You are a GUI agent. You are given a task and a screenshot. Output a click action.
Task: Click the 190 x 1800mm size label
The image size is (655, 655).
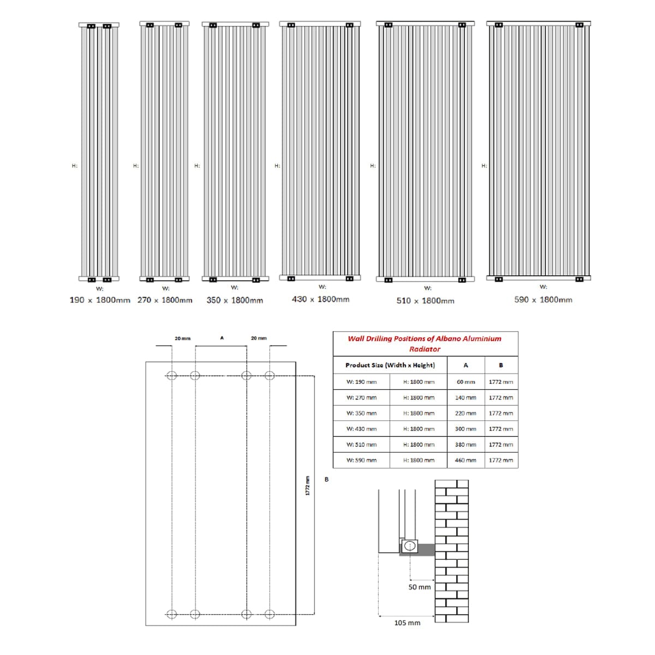coord(100,300)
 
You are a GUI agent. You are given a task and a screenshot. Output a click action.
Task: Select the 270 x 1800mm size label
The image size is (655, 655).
coord(165,300)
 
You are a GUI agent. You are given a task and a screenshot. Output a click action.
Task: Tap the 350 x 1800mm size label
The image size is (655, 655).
coord(235,300)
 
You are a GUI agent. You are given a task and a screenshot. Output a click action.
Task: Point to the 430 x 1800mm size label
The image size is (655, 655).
coord(320,299)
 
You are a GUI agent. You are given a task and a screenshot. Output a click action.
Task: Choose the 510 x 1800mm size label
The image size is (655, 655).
coord(425,301)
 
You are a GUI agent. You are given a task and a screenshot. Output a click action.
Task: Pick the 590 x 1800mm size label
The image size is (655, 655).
coord(543,300)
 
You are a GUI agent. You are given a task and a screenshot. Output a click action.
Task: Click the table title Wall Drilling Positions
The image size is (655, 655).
coord(425,343)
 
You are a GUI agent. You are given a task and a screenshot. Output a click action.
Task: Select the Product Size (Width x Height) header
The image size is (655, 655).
coord(390,365)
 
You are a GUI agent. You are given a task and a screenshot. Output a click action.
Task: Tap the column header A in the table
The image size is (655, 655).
coord(466,365)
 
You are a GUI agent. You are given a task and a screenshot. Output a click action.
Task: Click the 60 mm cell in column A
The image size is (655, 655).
coord(466,382)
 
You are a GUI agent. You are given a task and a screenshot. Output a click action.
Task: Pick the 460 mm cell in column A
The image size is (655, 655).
coord(466,460)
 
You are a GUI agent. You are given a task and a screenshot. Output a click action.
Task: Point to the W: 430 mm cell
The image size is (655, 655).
coord(361,429)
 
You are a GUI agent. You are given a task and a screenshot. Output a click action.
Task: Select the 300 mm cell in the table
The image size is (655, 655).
coord(466,429)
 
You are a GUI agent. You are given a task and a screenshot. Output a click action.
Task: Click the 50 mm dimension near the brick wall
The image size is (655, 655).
coord(420,587)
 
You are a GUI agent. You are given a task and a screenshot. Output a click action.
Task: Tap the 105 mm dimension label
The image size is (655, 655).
coord(407,623)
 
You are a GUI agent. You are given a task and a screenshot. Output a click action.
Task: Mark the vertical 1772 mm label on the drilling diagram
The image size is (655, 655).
coord(307,486)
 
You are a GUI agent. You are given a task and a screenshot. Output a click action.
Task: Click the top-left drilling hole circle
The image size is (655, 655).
coord(171,375)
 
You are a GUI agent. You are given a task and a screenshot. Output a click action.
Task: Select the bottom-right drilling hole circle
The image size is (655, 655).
coord(269,614)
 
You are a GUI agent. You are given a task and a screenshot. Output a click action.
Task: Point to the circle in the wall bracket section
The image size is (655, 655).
coord(409,545)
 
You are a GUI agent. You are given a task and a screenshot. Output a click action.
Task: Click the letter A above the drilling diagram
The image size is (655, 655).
coord(222,338)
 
